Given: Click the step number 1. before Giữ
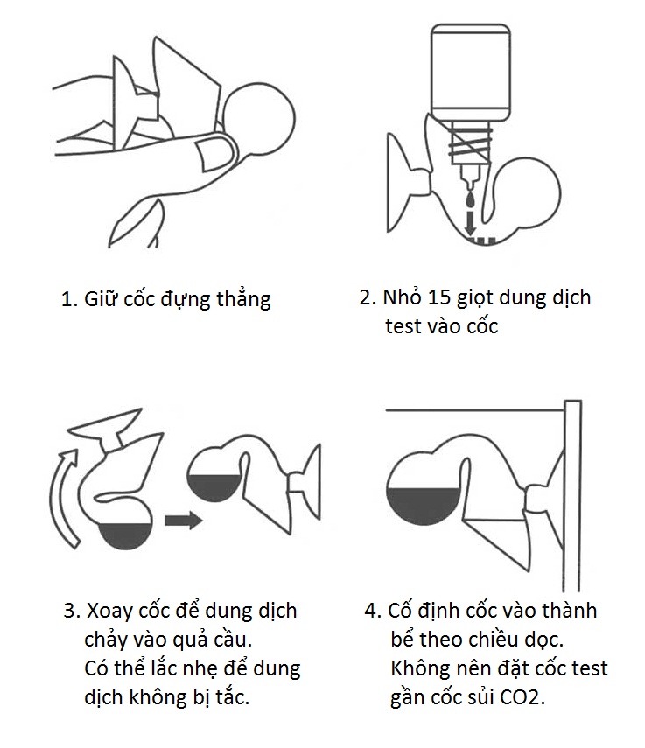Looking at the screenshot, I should [x=69, y=299].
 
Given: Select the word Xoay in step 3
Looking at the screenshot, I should [x=110, y=610].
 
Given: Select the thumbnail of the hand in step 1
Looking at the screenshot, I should [x=214, y=154].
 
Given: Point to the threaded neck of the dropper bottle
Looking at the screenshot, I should [x=471, y=141].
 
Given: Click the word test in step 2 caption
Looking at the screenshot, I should [x=404, y=326].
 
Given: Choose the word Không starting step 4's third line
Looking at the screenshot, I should [x=419, y=669].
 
